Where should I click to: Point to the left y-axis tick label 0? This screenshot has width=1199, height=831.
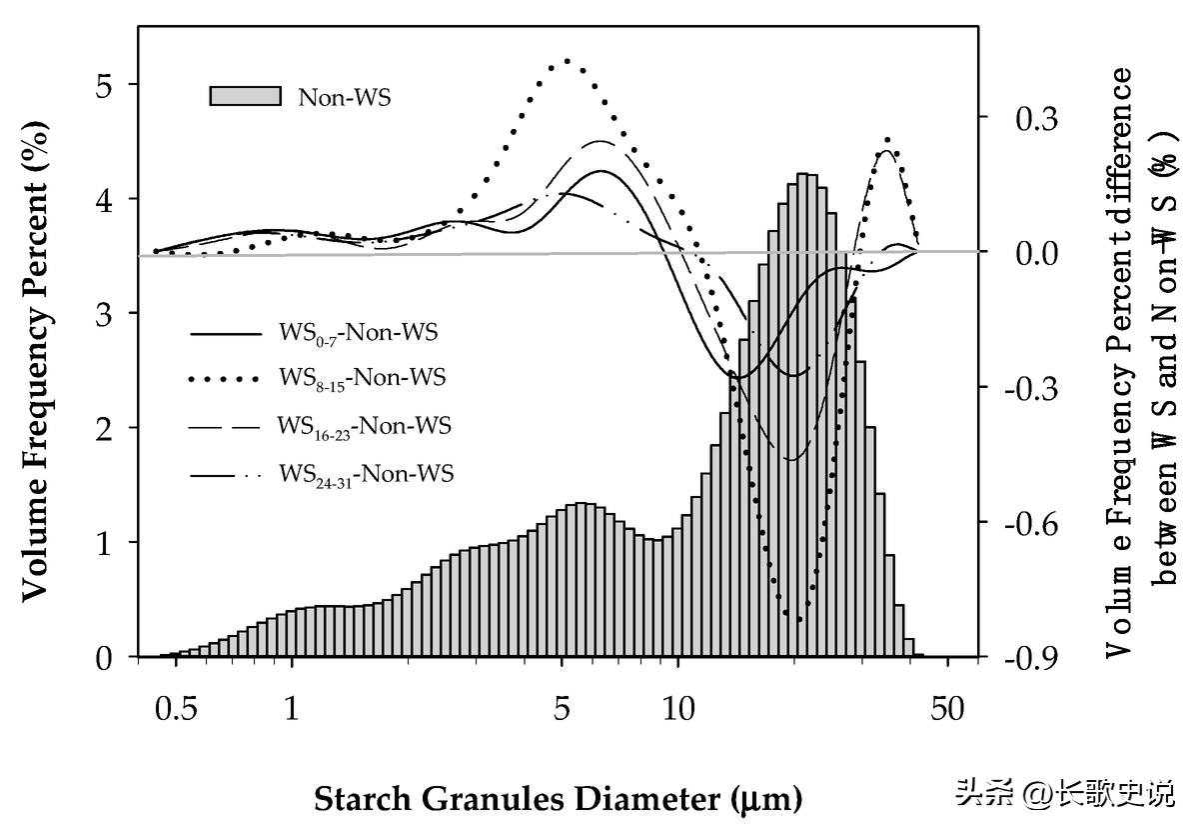(x=105, y=657)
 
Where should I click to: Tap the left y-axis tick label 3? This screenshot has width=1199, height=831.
(x=105, y=314)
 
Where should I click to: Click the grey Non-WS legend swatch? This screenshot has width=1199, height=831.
(x=245, y=96)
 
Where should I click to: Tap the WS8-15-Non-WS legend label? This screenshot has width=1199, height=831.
(x=362, y=378)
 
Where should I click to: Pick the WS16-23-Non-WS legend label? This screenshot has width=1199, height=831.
(x=364, y=426)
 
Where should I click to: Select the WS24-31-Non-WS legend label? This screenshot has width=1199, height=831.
(x=366, y=473)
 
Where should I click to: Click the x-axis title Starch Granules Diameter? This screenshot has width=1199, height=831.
(x=558, y=799)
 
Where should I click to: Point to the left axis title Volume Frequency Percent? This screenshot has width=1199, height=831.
(x=36, y=361)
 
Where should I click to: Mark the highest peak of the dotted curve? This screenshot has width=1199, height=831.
(x=567, y=61)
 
